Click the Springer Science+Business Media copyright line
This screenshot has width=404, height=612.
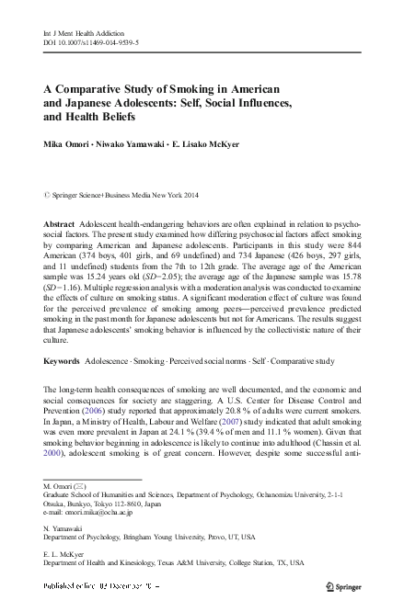pos(119,196)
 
